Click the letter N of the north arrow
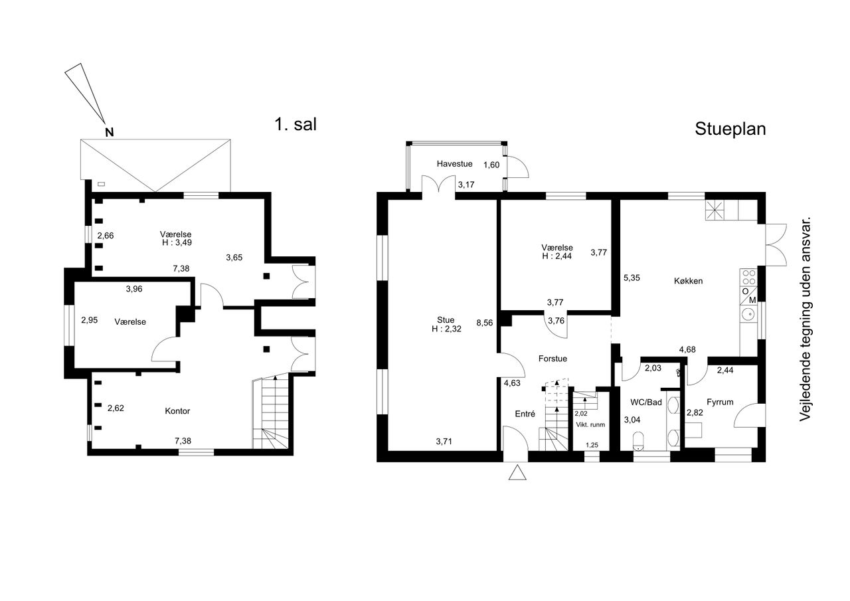(x=110, y=132)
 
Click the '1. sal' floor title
(x=296, y=124)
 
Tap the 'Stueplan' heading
(x=730, y=129)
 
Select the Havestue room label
(x=454, y=164)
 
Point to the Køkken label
(x=689, y=281)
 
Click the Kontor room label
(x=177, y=411)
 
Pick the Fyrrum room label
(x=720, y=402)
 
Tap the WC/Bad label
(x=646, y=402)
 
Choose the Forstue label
(x=552, y=359)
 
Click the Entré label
(x=525, y=414)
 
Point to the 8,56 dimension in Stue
(x=485, y=323)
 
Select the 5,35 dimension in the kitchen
(x=632, y=278)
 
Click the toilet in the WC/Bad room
(x=639, y=441)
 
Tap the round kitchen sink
(x=748, y=314)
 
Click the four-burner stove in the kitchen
(x=748, y=277)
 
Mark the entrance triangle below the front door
(x=517, y=473)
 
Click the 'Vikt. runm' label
(x=590, y=424)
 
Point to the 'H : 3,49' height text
(x=177, y=242)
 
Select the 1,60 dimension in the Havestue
(x=491, y=165)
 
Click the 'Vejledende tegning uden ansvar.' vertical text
(x=805, y=319)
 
